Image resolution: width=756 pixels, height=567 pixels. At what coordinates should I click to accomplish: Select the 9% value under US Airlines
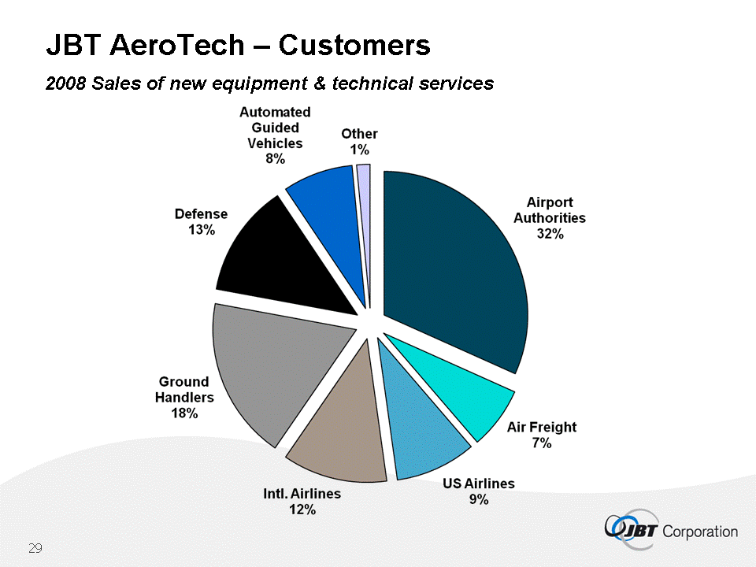pos(479,499)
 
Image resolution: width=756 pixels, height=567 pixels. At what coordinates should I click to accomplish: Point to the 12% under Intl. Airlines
pos(302,510)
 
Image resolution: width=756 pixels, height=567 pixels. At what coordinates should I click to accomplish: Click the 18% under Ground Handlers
pos(184,413)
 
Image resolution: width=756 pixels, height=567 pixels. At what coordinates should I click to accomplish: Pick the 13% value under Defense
pos(201,230)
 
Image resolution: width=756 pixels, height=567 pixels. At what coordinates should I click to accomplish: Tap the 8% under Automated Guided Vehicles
pos(275,158)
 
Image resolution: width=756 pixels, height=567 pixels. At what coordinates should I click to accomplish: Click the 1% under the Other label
pos(360,150)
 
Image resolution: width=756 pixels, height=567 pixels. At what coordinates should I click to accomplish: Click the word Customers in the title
pos(354,46)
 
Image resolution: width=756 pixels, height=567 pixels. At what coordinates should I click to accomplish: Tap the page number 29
pos(35,548)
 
